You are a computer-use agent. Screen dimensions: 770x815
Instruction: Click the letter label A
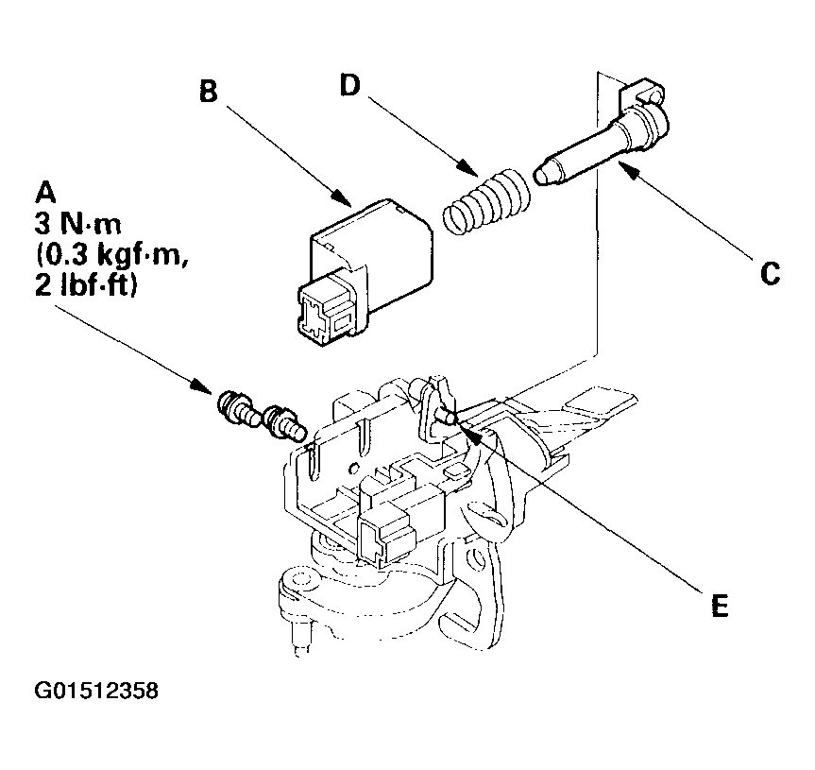(x=43, y=192)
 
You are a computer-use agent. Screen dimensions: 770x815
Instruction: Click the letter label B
(x=210, y=92)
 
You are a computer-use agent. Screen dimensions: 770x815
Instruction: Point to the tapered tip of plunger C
(x=544, y=175)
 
